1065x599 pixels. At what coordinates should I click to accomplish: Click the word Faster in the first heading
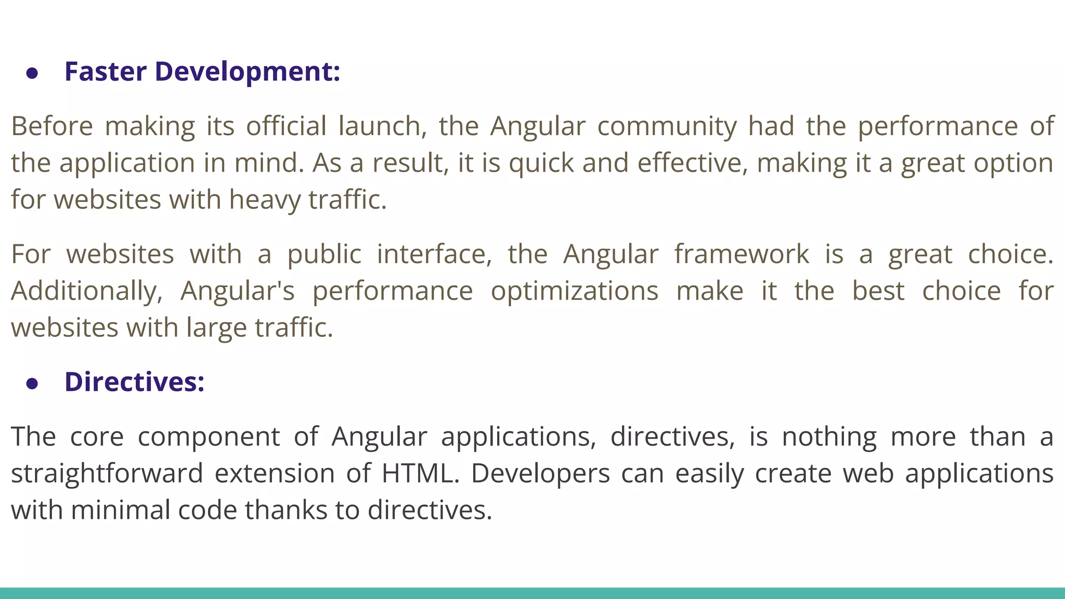(x=106, y=71)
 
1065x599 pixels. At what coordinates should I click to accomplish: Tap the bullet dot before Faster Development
(x=32, y=73)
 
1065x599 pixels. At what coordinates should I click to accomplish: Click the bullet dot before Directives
(x=32, y=384)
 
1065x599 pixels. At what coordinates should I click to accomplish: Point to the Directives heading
(x=134, y=382)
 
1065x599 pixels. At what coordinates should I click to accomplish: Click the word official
(x=287, y=126)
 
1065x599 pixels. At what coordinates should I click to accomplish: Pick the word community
(x=667, y=126)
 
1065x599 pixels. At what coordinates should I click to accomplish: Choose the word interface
(x=434, y=254)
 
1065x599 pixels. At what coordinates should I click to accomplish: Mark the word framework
(x=742, y=254)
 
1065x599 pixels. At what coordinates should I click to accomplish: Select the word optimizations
(x=575, y=291)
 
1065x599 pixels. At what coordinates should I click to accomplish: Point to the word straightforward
(x=107, y=474)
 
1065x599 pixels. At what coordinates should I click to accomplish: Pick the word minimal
(x=121, y=510)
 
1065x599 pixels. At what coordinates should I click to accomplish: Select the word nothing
(x=829, y=437)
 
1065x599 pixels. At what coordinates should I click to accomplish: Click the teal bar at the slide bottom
(x=532, y=593)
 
